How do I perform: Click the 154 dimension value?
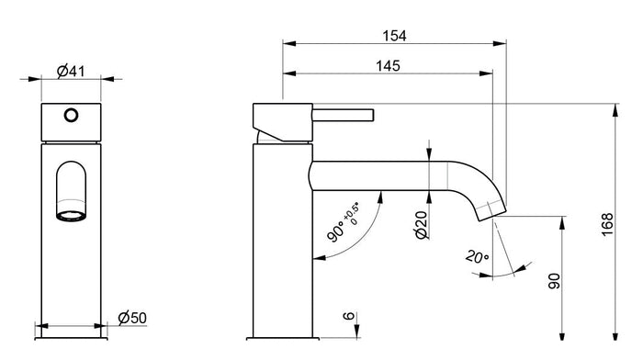tap(394, 35)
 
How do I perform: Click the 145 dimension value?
tap(389, 65)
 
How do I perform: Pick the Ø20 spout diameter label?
tap(420, 222)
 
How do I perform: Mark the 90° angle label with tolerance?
tap(345, 220)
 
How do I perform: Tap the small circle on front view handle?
tap(71, 117)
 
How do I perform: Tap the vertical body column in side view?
tap(281, 239)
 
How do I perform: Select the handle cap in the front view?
tap(71, 122)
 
